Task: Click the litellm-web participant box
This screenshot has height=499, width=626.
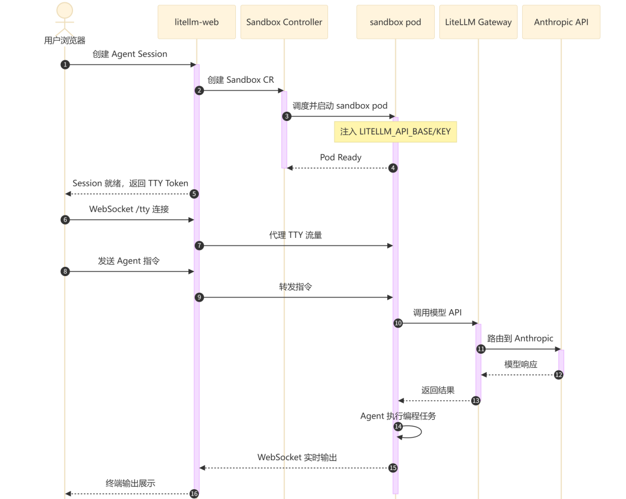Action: [x=196, y=22]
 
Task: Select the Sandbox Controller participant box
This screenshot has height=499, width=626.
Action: [x=284, y=22]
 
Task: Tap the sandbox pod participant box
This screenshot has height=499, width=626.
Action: [x=395, y=22]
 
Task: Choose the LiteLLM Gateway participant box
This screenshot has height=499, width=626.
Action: [x=478, y=22]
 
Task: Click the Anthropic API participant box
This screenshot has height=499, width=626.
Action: [x=561, y=22]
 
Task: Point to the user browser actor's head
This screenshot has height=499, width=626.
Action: [x=65, y=10]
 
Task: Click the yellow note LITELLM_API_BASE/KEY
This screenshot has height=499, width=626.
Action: [x=395, y=131]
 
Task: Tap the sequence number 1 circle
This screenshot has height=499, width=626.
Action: [x=65, y=65]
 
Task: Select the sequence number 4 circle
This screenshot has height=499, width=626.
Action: [x=393, y=168]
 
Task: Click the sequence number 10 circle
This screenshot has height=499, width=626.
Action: [x=398, y=323]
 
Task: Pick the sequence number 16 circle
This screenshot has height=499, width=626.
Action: [x=194, y=494]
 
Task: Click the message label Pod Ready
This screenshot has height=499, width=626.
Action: [x=341, y=157]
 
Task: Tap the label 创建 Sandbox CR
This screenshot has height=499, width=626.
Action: [x=241, y=80]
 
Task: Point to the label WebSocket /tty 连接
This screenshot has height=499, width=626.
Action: [x=129, y=209]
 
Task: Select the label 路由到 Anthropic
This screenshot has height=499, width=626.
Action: [x=520, y=338]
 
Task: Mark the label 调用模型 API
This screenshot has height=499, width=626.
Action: [x=437, y=313]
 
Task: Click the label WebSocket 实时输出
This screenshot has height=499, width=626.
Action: [x=297, y=457]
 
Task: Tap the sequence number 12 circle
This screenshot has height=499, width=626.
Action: [x=559, y=375]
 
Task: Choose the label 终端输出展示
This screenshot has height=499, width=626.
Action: [x=130, y=483]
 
